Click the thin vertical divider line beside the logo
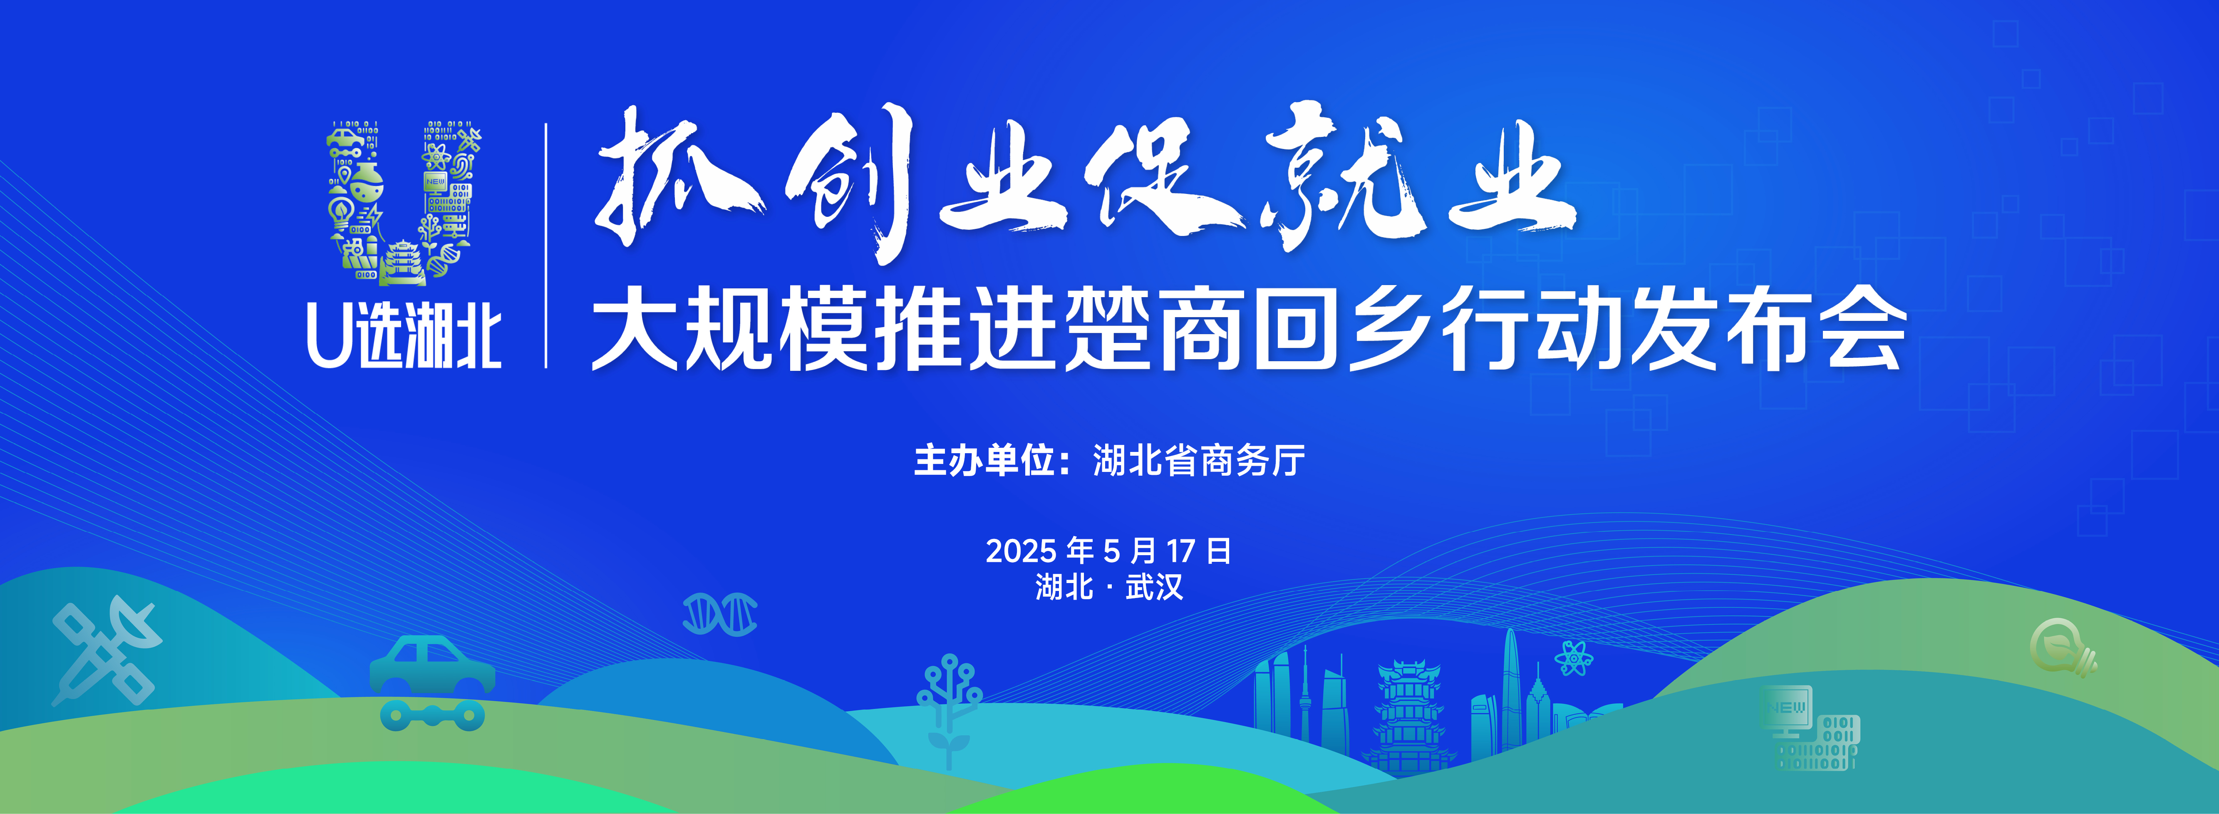[x=546, y=246]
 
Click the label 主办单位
[x=984, y=461]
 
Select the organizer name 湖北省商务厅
[x=1199, y=461]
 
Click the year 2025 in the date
[x=1021, y=551]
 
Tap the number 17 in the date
[x=1180, y=551]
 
